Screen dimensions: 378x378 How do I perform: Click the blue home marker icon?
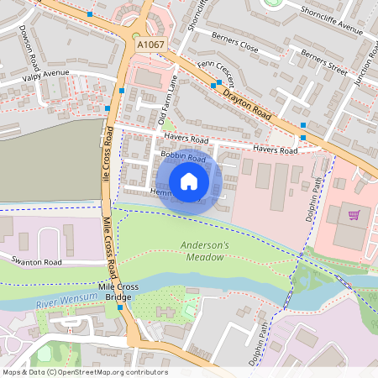[189, 181]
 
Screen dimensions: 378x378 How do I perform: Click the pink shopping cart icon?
[354, 215]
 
